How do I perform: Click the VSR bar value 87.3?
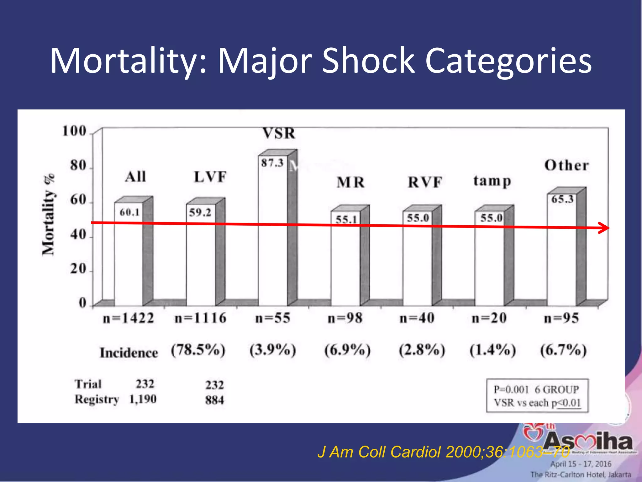(x=272, y=163)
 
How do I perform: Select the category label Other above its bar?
(x=566, y=165)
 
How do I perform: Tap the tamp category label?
(x=492, y=181)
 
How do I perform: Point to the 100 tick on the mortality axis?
(x=74, y=131)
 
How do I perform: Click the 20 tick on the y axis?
(x=78, y=269)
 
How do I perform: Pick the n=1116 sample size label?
(x=200, y=318)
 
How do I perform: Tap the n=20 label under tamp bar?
(x=489, y=318)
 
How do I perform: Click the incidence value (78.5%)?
(x=198, y=350)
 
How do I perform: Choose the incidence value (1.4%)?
(x=492, y=350)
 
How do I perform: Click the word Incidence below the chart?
(x=129, y=353)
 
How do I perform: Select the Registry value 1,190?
(x=143, y=399)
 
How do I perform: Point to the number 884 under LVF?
(x=215, y=400)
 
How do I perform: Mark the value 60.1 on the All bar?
(x=129, y=212)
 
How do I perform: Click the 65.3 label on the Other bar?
(x=562, y=199)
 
